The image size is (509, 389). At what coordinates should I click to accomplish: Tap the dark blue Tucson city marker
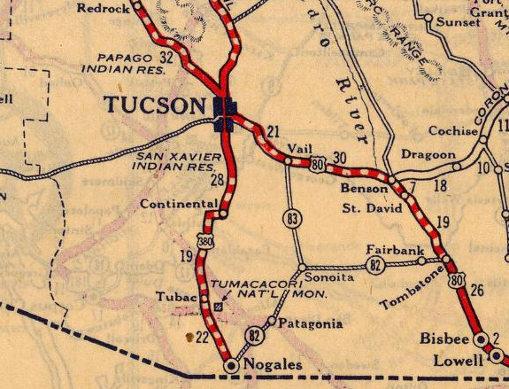[x=227, y=112]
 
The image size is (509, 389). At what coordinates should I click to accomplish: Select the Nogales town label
[x=274, y=365]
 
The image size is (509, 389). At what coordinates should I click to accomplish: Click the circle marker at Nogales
[x=231, y=364]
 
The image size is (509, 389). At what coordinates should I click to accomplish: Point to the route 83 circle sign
[x=292, y=217]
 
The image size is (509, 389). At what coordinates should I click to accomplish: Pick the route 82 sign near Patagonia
[x=256, y=335]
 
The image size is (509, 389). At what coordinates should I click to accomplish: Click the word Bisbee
[x=446, y=340]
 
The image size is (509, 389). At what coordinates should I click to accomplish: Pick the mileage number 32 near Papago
[x=166, y=56]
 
